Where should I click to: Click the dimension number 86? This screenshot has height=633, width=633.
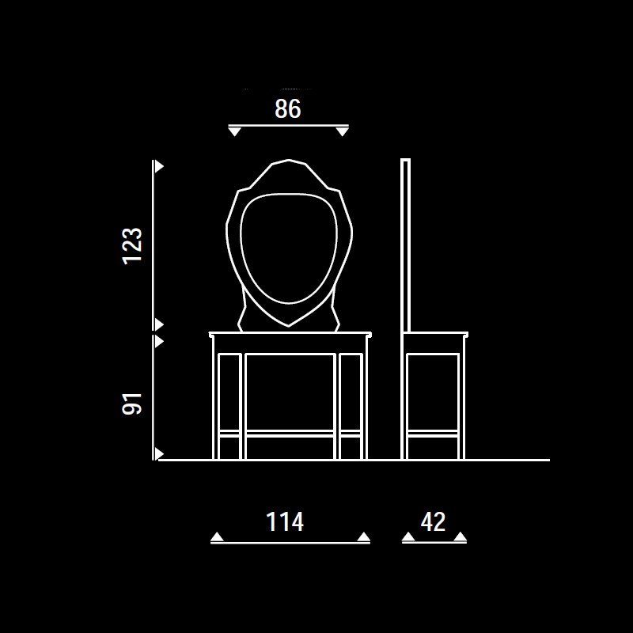(x=288, y=109)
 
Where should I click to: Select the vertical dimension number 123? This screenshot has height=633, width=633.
(x=132, y=246)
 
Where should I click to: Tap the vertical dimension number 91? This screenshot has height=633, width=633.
(x=132, y=404)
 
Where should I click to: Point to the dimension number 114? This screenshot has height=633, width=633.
(x=285, y=521)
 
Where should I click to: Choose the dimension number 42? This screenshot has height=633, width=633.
(x=433, y=521)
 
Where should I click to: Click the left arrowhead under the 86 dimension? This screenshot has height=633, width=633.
(x=234, y=131)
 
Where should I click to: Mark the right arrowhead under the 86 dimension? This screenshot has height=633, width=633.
(x=343, y=131)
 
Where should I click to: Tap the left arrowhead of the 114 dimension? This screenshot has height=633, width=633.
(x=217, y=537)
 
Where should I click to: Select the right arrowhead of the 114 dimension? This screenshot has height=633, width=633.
(x=364, y=537)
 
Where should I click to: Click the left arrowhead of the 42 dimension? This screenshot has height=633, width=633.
(x=408, y=537)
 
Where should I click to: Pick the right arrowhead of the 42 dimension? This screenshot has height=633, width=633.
(x=461, y=537)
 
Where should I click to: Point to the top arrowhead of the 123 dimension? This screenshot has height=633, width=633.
(x=159, y=166)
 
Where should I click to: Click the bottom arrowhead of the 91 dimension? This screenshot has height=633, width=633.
(x=159, y=453)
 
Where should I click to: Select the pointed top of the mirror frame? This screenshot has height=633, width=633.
(x=289, y=161)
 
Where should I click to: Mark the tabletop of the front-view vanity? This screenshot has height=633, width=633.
(x=290, y=334)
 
